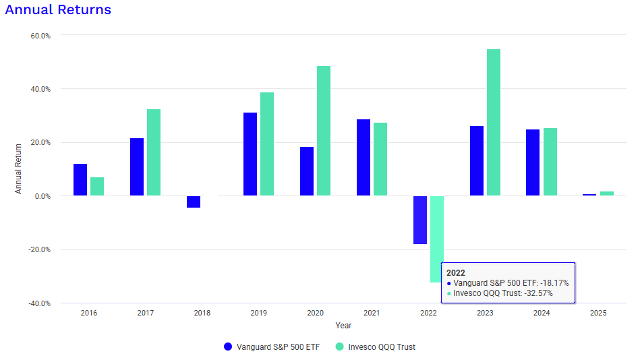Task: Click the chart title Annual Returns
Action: pos(58,10)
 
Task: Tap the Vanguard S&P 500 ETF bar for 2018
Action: pos(194,202)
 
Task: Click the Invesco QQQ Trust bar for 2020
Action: pos(324,131)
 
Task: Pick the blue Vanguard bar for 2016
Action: pos(80,179)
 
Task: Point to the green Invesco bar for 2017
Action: pos(154,152)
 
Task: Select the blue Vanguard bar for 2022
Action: pos(420,220)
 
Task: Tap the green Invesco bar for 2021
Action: pos(380,159)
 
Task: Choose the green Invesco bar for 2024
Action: pos(550,162)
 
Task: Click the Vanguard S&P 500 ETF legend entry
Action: pos(272,347)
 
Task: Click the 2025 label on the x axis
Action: pos(598,313)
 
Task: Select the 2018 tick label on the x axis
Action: pos(202,313)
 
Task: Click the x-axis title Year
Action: pos(343,325)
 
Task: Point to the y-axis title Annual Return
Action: pos(19,169)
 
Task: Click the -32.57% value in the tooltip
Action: pos(535,293)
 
